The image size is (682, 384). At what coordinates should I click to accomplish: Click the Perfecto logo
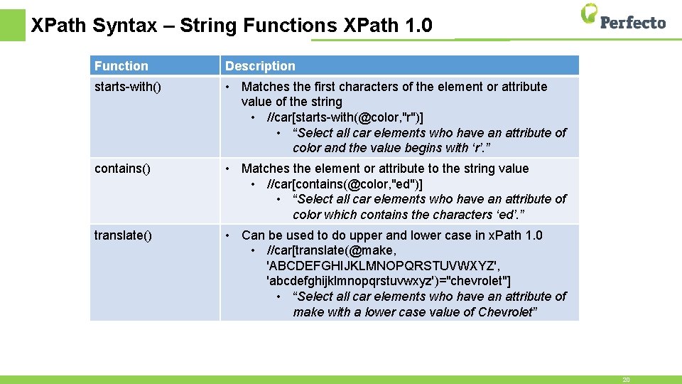pos(623,17)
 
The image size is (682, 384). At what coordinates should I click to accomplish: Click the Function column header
pos(121,66)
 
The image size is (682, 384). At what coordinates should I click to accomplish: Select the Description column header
pos(260,66)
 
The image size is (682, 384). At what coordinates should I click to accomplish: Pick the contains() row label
pos(122,169)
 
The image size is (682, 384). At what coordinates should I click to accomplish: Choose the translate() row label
pos(123,235)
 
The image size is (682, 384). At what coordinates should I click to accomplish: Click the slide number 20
pos(626,380)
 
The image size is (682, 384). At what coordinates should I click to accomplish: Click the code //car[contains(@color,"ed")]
pos(345,184)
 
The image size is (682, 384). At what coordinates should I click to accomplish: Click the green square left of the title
pos(12,26)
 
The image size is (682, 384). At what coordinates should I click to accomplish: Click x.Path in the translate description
pos(507,235)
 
